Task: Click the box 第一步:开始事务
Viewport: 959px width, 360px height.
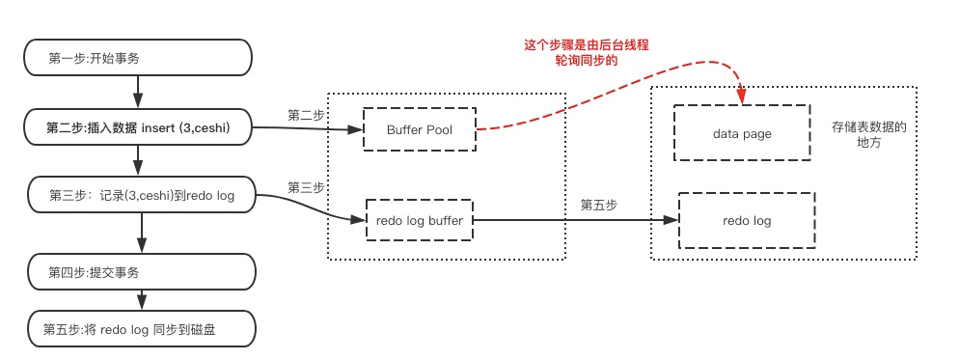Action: pyautogui.click(x=138, y=58)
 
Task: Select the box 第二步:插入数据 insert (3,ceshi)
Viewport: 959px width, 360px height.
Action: pyautogui.click(x=138, y=127)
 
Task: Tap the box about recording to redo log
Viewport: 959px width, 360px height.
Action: pyautogui.click(x=140, y=195)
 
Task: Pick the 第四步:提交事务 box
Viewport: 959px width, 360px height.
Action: pyautogui.click(x=140, y=272)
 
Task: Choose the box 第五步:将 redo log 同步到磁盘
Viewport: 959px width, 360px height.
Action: pyautogui.click(x=140, y=329)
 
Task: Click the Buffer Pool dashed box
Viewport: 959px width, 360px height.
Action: pyautogui.click(x=420, y=129)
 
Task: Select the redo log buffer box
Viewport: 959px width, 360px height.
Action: pyautogui.click(x=419, y=220)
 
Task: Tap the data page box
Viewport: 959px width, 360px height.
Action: pyautogui.click(x=742, y=133)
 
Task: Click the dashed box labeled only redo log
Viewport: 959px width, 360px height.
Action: pyautogui.click(x=747, y=220)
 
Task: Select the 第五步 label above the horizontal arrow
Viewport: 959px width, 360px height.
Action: pyautogui.click(x=598, y=206)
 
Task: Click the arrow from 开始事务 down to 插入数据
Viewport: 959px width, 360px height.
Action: pyautogui.click(x=138, y=93)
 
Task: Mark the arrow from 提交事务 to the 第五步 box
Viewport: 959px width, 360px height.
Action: pyautogui.click(x=141, y=300)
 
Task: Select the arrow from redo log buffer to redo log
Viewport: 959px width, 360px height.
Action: pyautogui.click(x=576, y=220)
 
